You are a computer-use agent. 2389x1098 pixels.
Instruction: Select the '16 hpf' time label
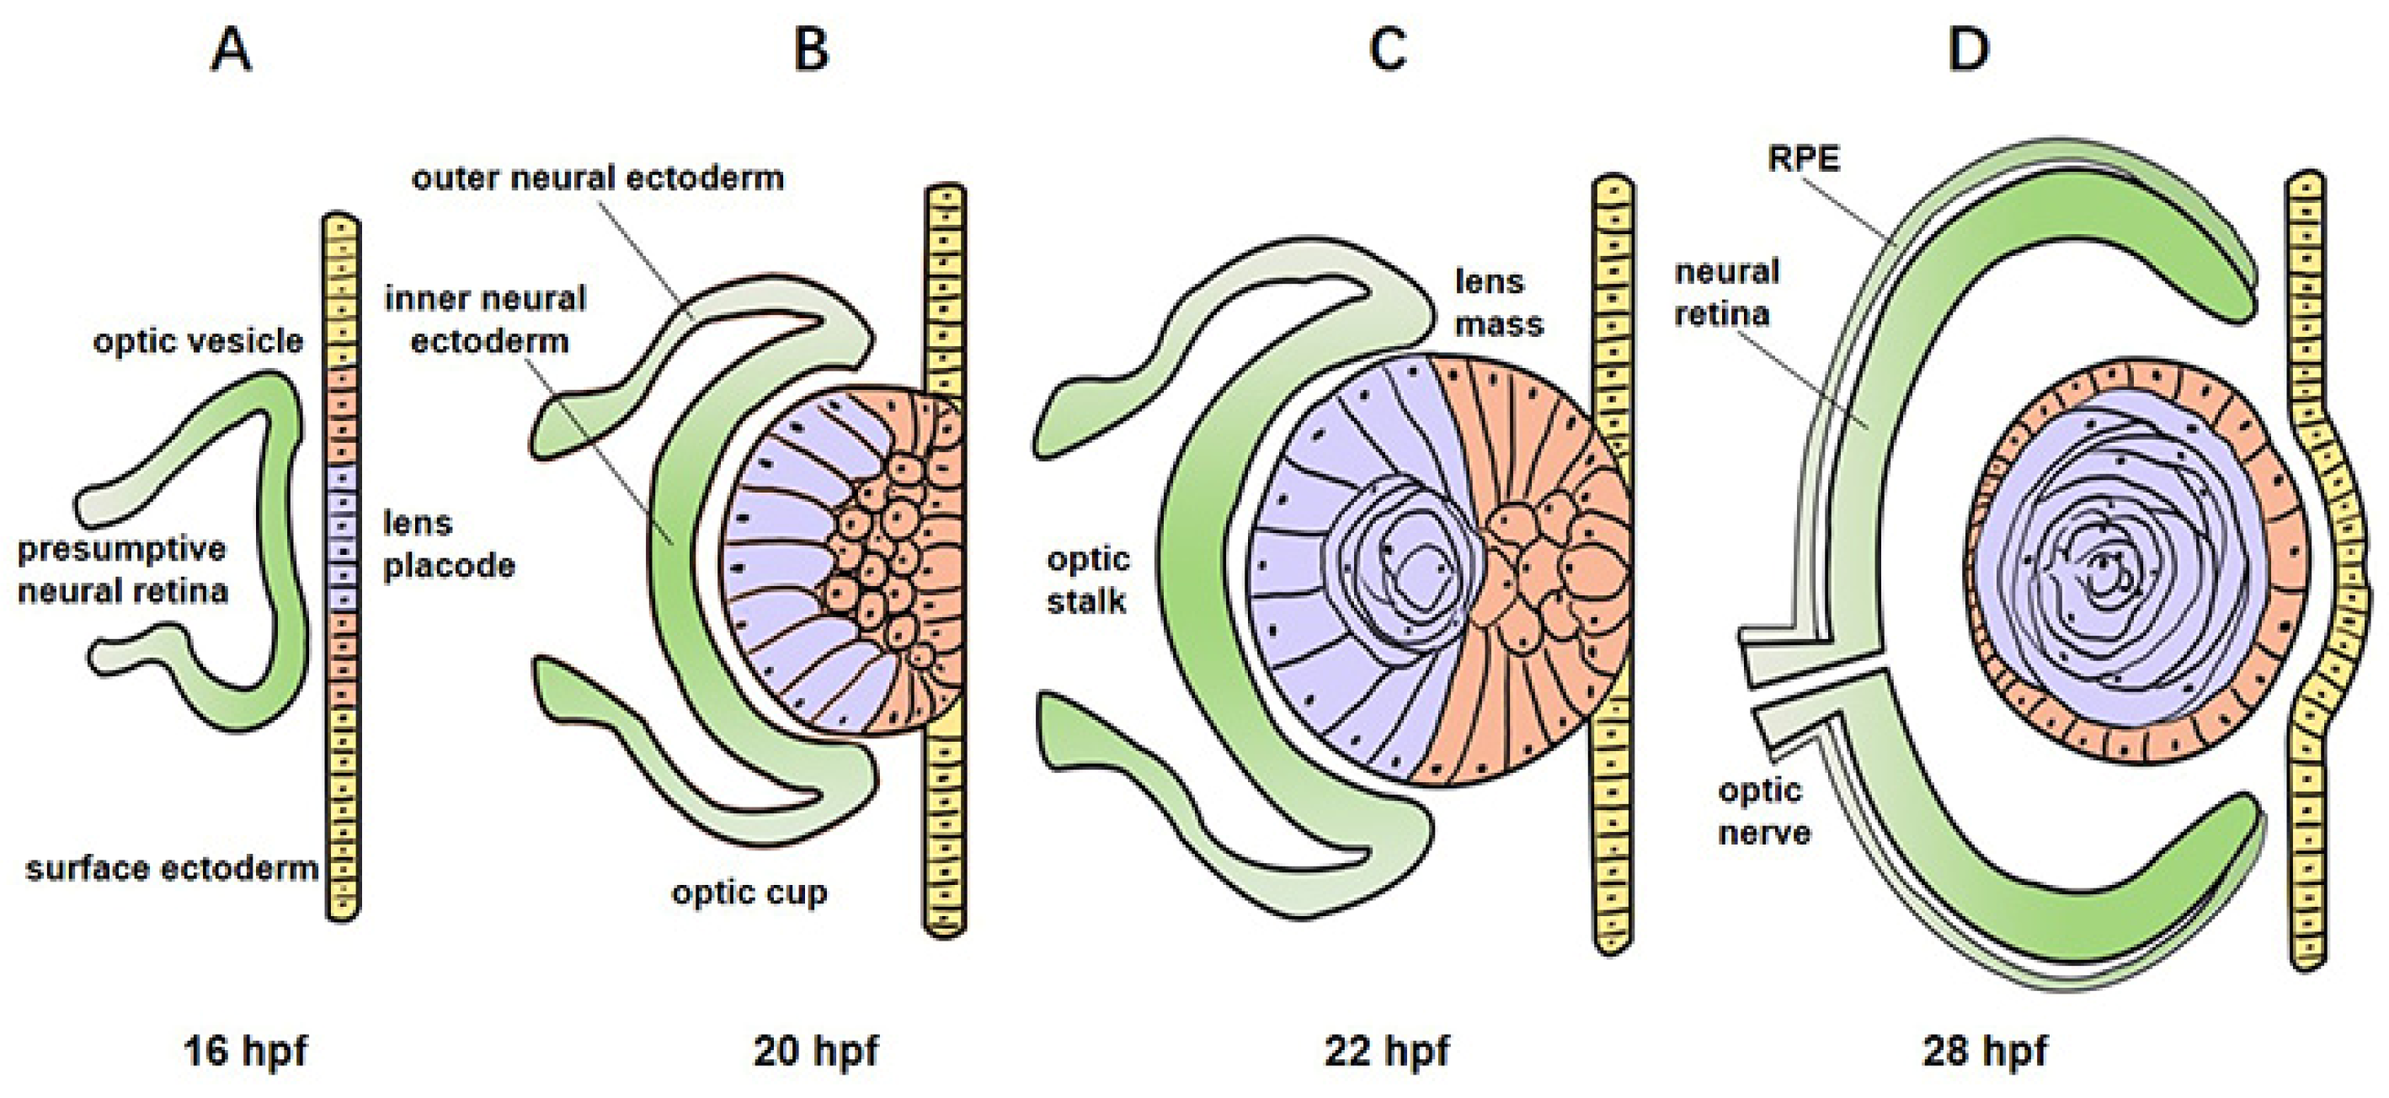(246, 1052)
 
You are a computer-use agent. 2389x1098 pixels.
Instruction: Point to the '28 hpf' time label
(1985, 1052)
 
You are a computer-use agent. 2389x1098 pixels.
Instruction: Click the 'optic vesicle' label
(198, 341)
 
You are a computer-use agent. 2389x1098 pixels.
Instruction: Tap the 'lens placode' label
(449, 544)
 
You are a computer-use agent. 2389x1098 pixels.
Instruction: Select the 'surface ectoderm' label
(173, 869)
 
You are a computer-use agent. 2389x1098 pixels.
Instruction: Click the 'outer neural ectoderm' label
(598, 177)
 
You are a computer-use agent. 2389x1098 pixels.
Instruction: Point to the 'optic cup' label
(749, 893)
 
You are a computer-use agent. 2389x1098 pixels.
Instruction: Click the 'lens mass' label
(1499, 302)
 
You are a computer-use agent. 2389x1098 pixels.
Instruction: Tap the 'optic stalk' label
(1087, 580)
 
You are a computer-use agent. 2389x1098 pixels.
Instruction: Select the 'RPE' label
(1803, 158)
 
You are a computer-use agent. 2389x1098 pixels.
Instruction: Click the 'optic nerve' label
(1763, 812)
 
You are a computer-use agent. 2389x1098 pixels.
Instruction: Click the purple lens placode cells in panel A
(343, 537)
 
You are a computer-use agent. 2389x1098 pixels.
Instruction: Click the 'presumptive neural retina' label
(122, 569)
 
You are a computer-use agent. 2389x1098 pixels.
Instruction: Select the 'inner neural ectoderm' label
(488, 320)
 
